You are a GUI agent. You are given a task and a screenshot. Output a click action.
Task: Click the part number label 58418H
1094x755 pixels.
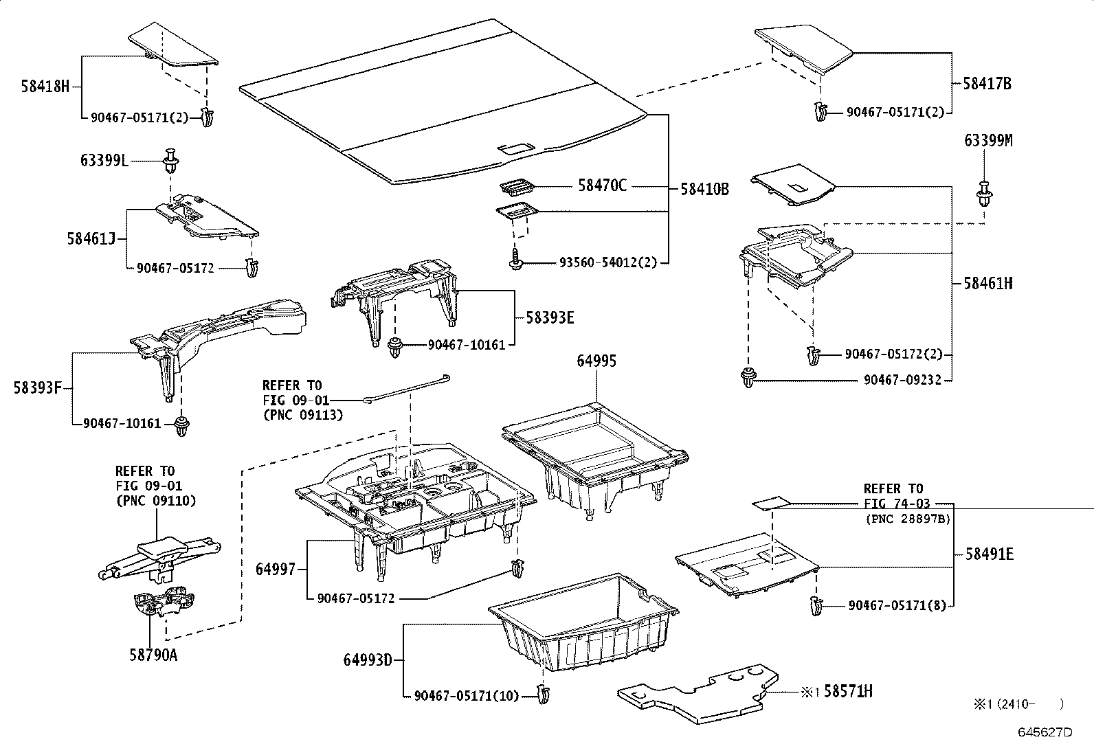(45, 87)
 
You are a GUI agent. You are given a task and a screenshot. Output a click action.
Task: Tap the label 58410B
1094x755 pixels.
(704, 189)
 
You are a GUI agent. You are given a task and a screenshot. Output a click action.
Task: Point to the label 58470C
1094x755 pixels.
(602, 185)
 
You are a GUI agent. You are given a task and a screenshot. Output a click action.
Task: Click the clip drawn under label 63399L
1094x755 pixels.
(170, 163)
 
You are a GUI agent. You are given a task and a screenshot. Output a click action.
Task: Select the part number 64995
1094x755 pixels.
(596, 361)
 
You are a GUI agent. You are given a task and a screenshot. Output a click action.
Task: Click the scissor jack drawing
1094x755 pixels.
(159, 555)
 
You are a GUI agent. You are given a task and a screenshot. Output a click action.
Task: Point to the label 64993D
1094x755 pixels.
(368, 660)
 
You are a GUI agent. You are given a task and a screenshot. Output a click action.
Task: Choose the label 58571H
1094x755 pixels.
(848, 692)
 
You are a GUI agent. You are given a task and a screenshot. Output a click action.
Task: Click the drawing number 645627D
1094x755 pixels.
(1045, 732)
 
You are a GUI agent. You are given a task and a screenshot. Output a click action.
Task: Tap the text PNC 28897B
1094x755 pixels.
(907, 519)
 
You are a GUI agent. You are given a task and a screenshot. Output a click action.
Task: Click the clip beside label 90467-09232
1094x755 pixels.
(748, 378)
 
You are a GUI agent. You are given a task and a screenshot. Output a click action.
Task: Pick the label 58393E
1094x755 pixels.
(550, 317)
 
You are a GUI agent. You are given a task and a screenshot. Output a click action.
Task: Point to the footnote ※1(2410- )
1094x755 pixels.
(1017, 703)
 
